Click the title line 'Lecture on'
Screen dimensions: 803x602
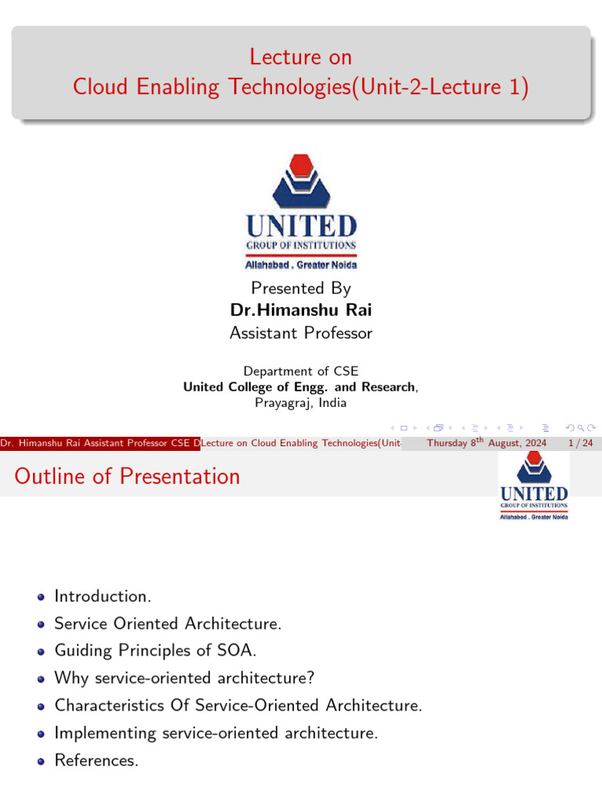(x=301, y=57)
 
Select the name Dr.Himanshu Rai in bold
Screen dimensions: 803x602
(x=301, y=311)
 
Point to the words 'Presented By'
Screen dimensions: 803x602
(x=301, y=288)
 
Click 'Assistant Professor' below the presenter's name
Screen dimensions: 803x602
(x=301, y=333)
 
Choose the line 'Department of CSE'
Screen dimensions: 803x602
(x=301, y=371)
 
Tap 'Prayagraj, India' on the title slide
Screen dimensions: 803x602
(x=301, y=403)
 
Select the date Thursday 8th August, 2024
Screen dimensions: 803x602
(x=486, y=444)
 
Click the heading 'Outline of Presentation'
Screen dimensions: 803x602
(x=127, y=476)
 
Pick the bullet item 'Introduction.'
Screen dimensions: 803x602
(x=102, y=596)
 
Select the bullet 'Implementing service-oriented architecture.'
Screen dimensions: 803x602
(x=216, y=733)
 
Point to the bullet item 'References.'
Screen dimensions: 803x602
(x=96, y=760)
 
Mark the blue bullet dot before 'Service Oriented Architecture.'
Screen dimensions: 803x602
(x=41, y=624)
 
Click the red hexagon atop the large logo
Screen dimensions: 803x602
(x=301, y=166)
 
